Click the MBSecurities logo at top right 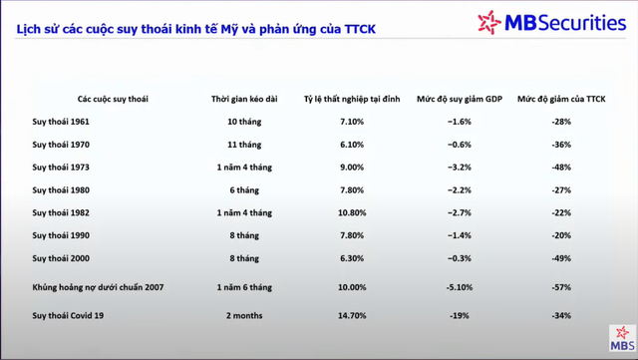(551, 22)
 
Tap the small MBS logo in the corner (622, 338)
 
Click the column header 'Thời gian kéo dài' (244, 99)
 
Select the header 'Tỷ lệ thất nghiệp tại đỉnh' (352, 99)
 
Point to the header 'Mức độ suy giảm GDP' (460, 99)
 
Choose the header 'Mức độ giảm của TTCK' (561, 99)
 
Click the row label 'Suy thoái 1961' (61, 122)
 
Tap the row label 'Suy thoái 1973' (61, 168)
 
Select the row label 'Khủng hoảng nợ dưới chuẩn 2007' (98, 287)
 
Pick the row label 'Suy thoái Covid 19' (68, 315)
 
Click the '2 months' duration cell (244, 315)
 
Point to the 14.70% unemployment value (352, 315)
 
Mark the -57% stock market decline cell (561, 287)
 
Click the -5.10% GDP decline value (460, 287)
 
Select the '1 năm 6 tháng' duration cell (244, 287)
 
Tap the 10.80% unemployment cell (352, 213)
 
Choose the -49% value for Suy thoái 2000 (561, 258)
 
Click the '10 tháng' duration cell (244, 122)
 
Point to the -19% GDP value (460, 315)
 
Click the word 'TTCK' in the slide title (360, 29)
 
